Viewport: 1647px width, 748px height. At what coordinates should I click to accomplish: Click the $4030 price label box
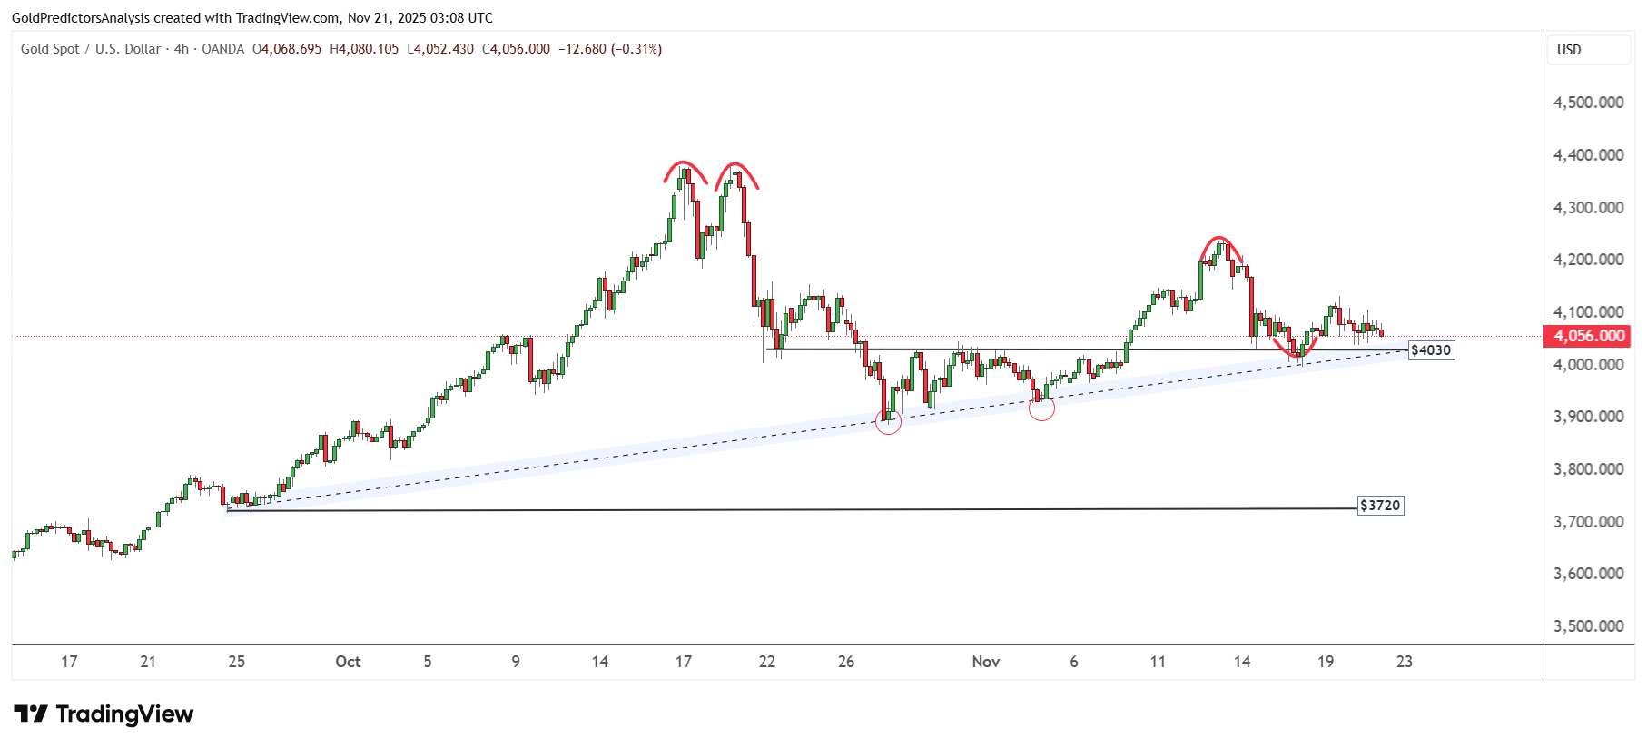pos(1431,350)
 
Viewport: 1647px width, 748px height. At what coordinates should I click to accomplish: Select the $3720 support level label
pos(1380,506)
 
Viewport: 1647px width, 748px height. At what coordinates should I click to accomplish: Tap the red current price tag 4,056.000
pos(1588,336)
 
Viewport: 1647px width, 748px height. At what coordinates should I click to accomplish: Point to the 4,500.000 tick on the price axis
pos(1588,103)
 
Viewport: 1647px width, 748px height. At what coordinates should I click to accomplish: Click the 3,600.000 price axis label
pos(1588,574)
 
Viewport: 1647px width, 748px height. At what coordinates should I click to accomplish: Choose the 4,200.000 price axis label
pos(1588,260)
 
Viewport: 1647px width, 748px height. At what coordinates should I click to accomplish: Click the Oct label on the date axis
pos(348,662)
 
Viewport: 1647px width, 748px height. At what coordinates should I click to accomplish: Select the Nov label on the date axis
pos(985,662)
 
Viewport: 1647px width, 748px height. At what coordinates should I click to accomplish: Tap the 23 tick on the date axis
pos(1404,662)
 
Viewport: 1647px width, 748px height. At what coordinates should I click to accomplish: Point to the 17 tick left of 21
pos(69,662)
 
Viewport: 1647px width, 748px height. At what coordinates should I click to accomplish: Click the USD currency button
pos(1569,50)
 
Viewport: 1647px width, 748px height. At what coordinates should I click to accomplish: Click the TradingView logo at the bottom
pos(104,714)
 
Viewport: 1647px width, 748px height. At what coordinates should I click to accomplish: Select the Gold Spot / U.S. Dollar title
pos(91,49)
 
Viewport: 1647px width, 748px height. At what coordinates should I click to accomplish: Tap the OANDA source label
pos(222,49)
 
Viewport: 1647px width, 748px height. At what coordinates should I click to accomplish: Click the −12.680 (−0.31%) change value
pos(609,49)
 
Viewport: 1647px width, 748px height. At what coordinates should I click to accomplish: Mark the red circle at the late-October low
pos(888,421)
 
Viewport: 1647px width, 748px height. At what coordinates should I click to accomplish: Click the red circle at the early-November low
pos(1041,408)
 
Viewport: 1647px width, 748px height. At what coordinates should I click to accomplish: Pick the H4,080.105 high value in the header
pos(364,49)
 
